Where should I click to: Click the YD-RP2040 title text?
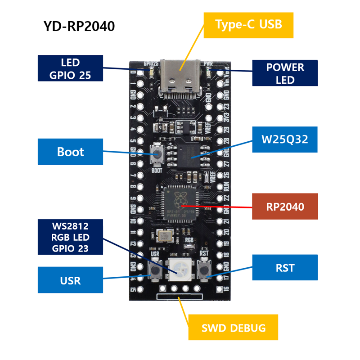coord(79,27)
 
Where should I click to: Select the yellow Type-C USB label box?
coord(248,25)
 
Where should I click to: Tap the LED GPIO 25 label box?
coord(70,68)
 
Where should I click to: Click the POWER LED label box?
coord(285,73)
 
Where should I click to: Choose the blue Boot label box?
coord(70,152)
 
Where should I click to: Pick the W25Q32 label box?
coord(285,139)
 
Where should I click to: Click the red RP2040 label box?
coord(285,207)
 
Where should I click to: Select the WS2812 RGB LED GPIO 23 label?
coord(70,236)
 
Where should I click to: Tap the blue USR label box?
coord(70,280)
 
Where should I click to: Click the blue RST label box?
coord(285,268)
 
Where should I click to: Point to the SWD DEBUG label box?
coord(233,328)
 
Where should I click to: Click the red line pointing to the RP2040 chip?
coord(225,207)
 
